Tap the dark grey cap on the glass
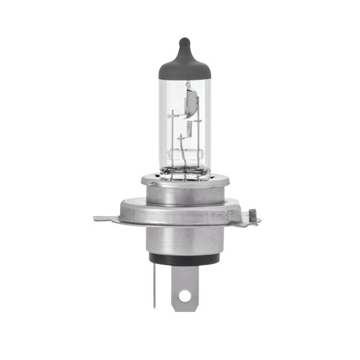pos(184,63)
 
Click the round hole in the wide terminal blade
pos(186,295)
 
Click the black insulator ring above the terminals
pos(183,260)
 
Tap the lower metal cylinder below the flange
pos(183,240)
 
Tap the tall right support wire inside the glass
pos(199,138)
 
